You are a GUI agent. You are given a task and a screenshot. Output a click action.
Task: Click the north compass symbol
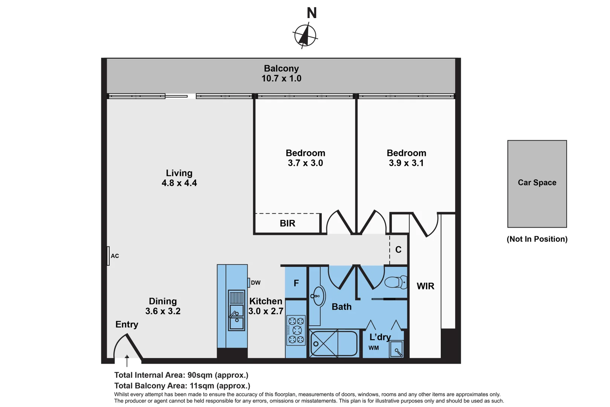tap(305, 35)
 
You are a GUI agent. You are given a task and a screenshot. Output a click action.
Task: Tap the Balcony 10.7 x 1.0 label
tap(281, 73)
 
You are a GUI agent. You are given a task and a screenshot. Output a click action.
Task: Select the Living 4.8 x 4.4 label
tap(179, 178)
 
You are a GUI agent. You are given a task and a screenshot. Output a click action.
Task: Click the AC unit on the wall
tap(109, 256)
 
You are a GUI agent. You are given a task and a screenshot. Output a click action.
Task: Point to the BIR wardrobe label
tap(287, 223)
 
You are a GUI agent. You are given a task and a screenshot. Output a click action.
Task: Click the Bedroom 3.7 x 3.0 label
tap(305, 158)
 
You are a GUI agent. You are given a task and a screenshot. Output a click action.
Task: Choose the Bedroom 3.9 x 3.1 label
tap(406, 158)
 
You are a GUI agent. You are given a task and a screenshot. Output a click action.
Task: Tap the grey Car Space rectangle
tap(537, 184)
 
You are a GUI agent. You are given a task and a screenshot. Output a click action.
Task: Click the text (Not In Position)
tap(537, 239)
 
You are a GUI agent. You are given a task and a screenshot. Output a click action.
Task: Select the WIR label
tap(425, 286)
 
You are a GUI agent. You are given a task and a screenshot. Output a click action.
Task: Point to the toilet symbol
tap(396, 282)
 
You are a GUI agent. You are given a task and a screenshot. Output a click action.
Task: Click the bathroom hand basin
tap(318, 296)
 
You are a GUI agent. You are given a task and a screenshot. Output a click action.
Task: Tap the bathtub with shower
tap(333, 343)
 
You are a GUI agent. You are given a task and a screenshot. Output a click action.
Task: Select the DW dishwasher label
tap(255, 283)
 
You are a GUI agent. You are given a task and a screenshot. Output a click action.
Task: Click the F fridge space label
tap(296, 283)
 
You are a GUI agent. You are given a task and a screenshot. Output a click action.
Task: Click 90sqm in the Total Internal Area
tap(200, 375)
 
